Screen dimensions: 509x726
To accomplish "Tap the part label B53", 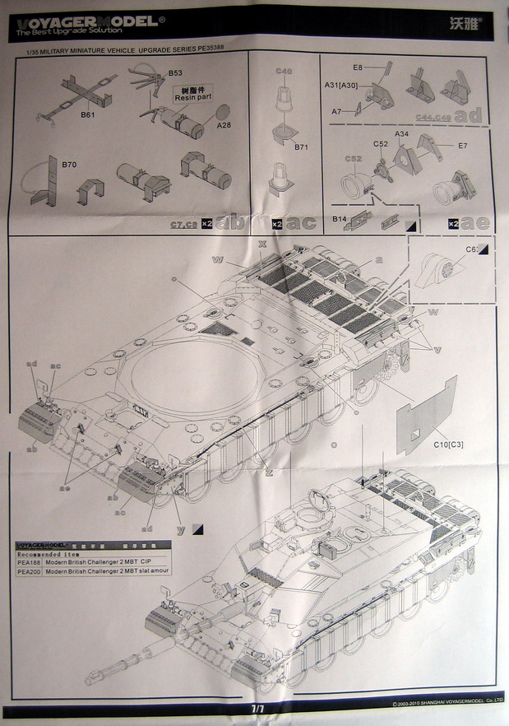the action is click(x=174, y=74).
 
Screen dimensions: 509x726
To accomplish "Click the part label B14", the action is click(x=340, y=220).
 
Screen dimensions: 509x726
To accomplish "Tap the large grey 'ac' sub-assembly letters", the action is click(x=301, y=222).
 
